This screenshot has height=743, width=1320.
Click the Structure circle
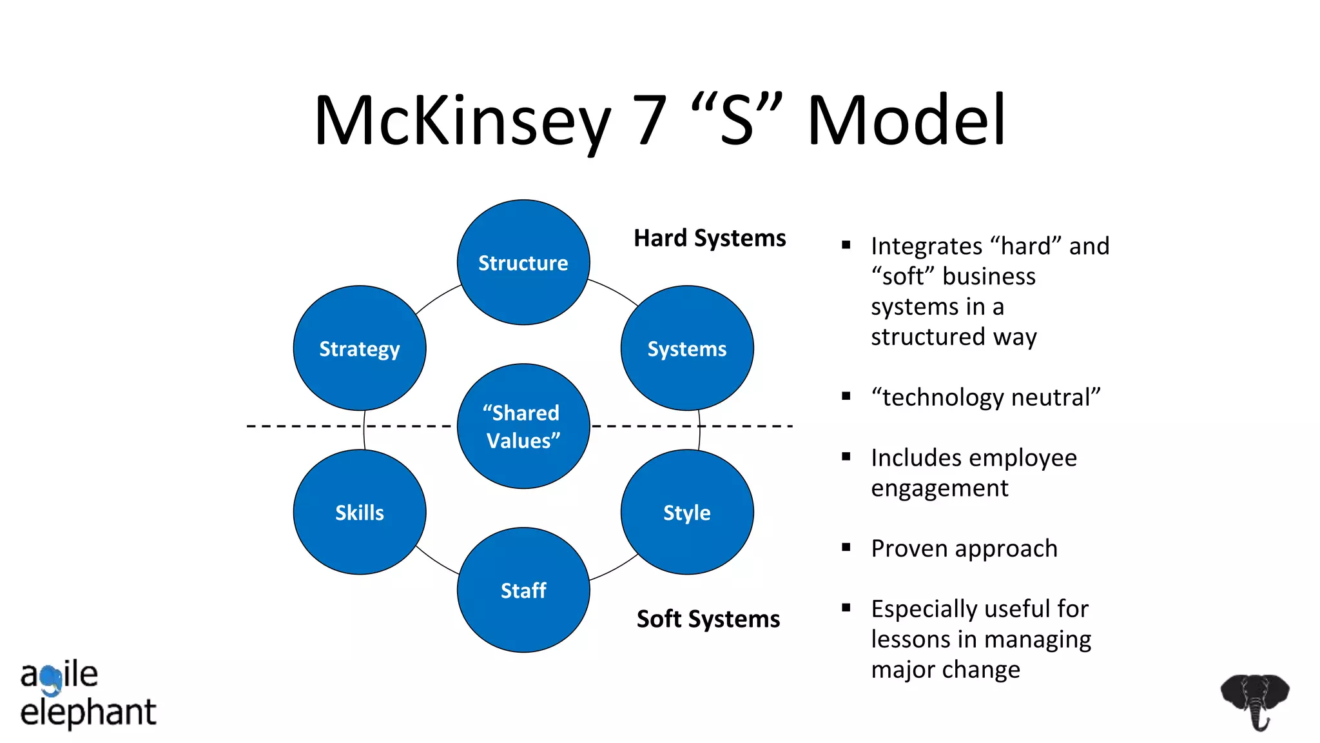[x=523, y=263]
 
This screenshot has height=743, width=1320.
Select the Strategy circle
[x=359, y=348]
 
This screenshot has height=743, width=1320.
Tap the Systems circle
[x=686, y=348]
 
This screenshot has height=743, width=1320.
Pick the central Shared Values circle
[x=523, y=426]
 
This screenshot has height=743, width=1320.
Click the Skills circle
[x=359, y=512]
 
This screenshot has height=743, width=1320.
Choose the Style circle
[x=686, y=512]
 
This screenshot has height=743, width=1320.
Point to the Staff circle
[x=523, y=590]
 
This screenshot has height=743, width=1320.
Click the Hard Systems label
[x=710, y=238]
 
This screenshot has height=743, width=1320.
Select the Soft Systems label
[x=708, y=619]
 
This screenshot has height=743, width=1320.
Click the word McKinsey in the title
[x=461, y=121]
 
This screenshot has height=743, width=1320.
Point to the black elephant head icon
[x=1254, y=700]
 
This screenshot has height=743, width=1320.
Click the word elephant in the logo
[x=88, y=713]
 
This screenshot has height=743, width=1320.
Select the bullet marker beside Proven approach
[x=846, y=548]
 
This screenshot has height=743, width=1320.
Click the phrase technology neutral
[x=985, y=397]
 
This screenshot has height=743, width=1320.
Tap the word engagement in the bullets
[x=939, y=488]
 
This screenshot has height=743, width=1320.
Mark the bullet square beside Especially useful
[x=846, y=608]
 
